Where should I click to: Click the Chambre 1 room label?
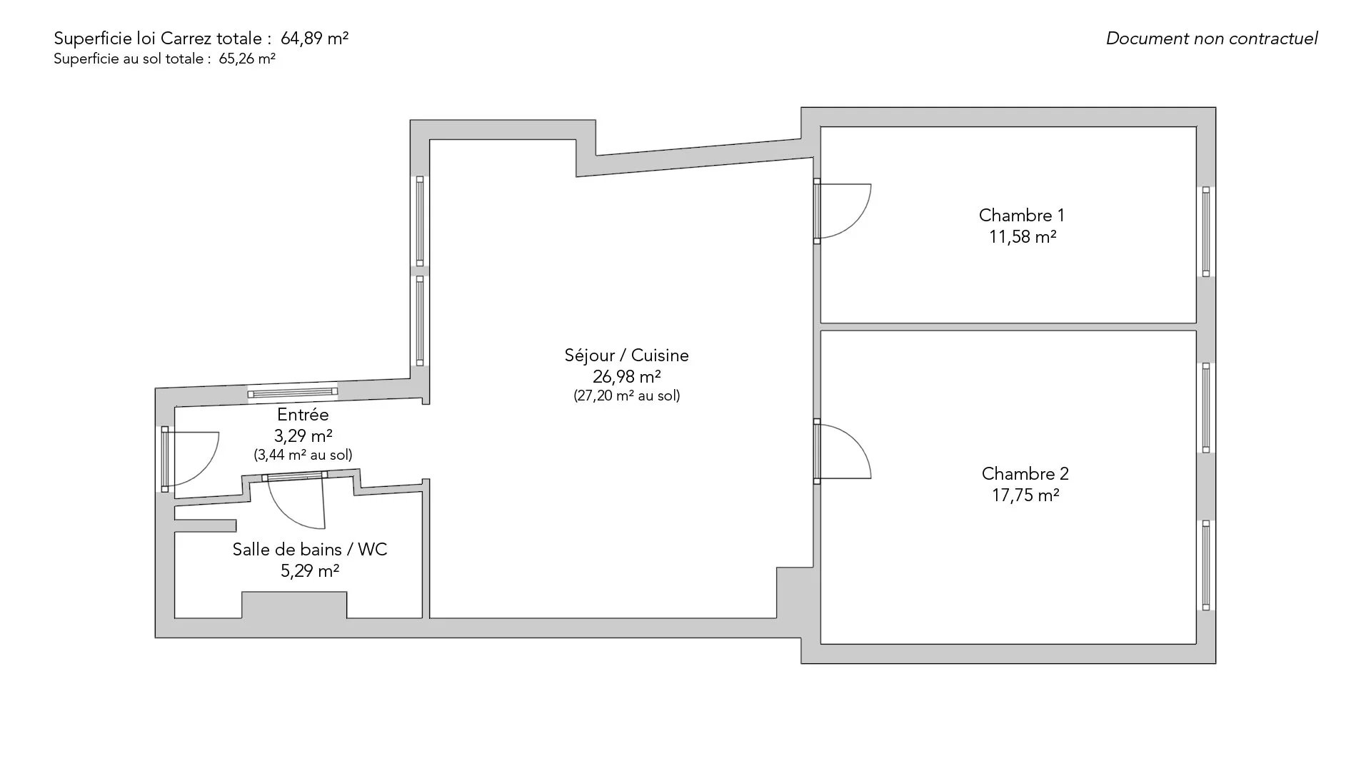pyautogui.click(x=1021, y=215)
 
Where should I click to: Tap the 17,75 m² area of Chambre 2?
pyautogui.click(x=1025, y=495)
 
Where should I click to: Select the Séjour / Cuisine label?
pyautogui.click(x=626, y=356)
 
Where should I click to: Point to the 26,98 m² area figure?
pyautogui.click(x=626, y=376)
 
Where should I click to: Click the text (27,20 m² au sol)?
pyautogui.click(x=626, y=395)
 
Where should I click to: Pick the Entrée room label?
pyautogui.click(x=303, y=415)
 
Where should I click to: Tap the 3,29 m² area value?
pyautogui.click(x=303, y=435)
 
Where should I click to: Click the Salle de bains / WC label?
pyautogui.click(x=310, y=549)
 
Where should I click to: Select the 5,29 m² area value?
pyautogui.click(x=310, y=570)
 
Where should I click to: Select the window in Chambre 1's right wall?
pyautogui.click(x=1206, y=231)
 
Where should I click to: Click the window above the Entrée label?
pyautogui.click(x=293, y=392)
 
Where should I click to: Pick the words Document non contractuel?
pyautogui.click(x=1212, y=39)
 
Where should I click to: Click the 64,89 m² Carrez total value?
pyautogui.click(x=315, y=39)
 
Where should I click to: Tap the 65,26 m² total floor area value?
pyautogui.click(x=247, y=59)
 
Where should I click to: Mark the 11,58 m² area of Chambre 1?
pyautogui.click(x=1023, y=236)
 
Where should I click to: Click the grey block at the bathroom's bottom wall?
pyautogui.click(x=294, y=605)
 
